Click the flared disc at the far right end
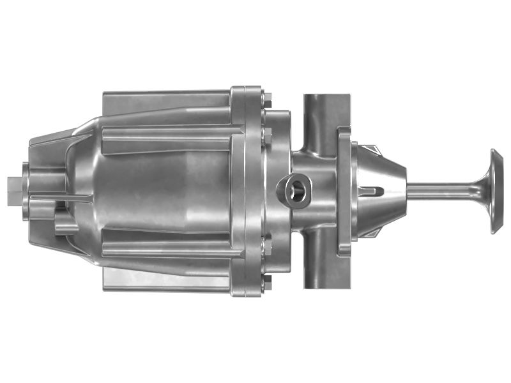point(496,191)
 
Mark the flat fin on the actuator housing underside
point(166,280)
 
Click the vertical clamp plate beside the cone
point(344,191)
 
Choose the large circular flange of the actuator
point(246,191)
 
